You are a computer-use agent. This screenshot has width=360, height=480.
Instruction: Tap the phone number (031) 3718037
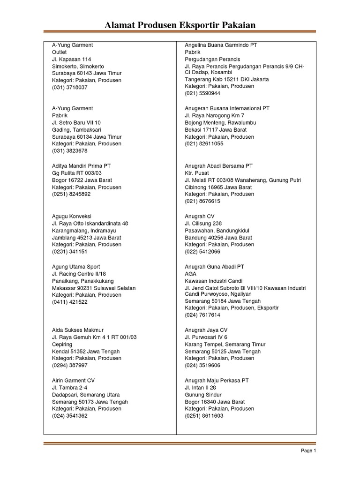click(69, 88)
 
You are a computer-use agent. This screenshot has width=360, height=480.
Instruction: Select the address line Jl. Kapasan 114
click(71, 60)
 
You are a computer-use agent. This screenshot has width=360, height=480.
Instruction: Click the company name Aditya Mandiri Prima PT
click(81, 166)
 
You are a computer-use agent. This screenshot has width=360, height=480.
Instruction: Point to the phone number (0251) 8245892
click(71, 194)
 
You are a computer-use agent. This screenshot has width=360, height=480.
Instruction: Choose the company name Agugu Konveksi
click(72, 217)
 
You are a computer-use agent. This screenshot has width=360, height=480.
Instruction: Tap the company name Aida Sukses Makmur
click(77, 330)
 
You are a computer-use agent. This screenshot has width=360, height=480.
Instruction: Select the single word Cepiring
click(62, 344)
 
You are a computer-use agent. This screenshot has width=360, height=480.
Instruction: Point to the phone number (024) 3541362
click(69, 416)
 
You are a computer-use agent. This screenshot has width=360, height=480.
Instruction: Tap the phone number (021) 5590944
click(202, 93)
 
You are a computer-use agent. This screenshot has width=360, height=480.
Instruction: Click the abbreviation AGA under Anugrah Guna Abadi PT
click(191, 274)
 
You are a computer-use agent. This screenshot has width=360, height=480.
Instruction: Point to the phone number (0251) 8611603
click(204, 416)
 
